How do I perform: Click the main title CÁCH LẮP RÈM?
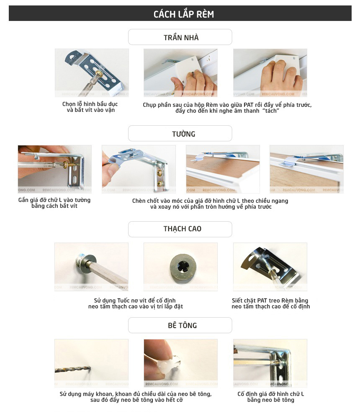[183, 14]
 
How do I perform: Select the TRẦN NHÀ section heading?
[181, 37]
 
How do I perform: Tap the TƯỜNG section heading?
[183, 134]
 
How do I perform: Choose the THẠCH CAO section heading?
[183, 229]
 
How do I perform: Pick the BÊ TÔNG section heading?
[183, 325]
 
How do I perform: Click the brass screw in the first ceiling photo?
[98, 72]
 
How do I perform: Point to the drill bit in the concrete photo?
[73, 369]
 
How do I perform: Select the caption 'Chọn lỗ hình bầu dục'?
[90, 104]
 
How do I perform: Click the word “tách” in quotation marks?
[270, 111]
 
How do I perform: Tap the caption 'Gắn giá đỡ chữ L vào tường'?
[54, 200]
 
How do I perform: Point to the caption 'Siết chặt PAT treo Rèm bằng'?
[270, 300]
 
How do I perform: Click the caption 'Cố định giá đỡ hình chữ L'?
[270, 394]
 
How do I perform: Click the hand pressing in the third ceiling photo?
[281, 77]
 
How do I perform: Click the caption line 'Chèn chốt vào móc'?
[210, 201]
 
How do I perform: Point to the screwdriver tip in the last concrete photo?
[278, 362]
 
